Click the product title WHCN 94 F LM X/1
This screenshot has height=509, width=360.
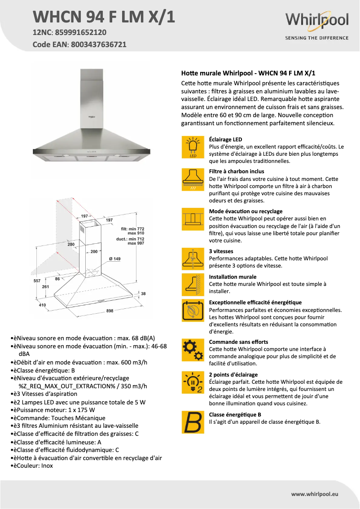click(104, 17)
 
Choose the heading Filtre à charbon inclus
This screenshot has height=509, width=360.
click(237, 171)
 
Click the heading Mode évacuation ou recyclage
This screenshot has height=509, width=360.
click(246, 211)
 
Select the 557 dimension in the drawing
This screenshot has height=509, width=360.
click(37, 281)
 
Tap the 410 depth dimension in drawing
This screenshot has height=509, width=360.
click(42, 305)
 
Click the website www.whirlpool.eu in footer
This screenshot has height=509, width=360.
click(315, 494)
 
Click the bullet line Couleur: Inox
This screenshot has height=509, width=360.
click(34, 466)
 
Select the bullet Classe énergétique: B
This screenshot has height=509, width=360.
click(44, 370)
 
